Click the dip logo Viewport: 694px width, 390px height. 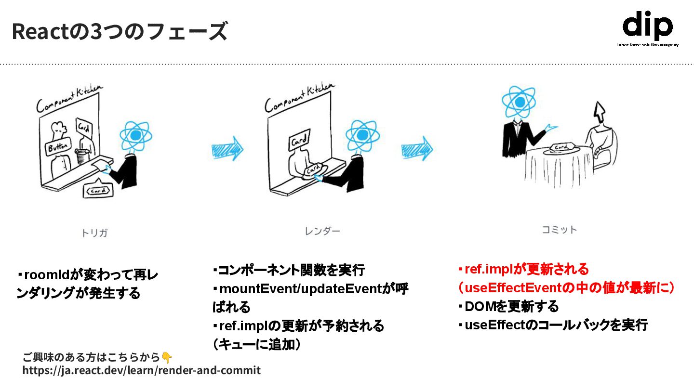coord(647,26)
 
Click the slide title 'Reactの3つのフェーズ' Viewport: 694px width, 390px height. coord(119,32)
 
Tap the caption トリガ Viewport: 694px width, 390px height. coord(94,233)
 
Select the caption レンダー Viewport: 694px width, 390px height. coord(322,231)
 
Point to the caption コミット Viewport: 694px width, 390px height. coord(559,230)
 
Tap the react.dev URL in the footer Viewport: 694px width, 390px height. coord(141,370)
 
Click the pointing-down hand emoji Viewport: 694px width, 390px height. coord(166,357)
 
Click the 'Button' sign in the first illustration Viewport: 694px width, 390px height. coord(58,147)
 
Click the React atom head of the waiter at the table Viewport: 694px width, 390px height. coord(519,102)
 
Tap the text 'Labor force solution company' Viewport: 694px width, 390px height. coord(647,45)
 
